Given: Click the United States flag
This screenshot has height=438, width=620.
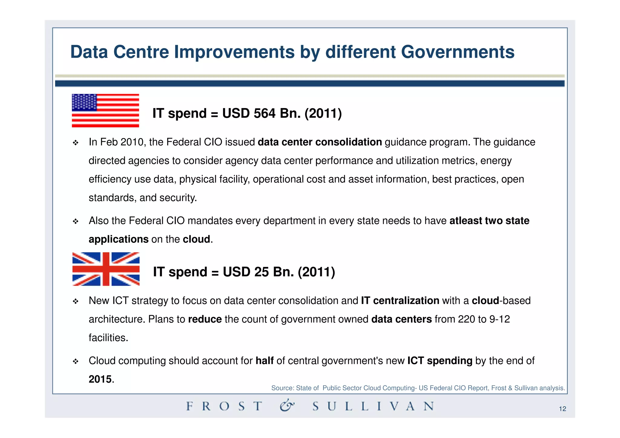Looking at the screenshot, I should (105, 110).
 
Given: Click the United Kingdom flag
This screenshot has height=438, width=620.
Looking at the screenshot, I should (106, 269).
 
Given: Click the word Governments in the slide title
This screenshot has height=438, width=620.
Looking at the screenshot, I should (457, 52).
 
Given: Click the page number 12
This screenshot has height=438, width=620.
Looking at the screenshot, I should (562, 409).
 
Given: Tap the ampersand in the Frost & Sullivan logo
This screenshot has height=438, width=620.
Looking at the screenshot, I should (286, 406).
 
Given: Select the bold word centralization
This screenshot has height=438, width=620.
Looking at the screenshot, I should (406, 301).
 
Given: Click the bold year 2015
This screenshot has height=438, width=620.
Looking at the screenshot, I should (100, 379).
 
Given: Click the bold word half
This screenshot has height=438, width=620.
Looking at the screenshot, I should (264, 361).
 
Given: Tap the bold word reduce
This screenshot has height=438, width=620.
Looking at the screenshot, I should (205, 319).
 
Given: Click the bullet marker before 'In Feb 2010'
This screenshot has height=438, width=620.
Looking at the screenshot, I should (76, 143).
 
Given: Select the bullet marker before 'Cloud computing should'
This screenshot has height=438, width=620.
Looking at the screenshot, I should (76, 361).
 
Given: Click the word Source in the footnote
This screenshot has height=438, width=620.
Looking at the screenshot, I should (282, 388).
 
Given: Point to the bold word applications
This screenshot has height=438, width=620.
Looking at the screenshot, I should (118, 239).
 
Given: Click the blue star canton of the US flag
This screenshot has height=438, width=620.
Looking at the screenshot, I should (84, 102).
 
